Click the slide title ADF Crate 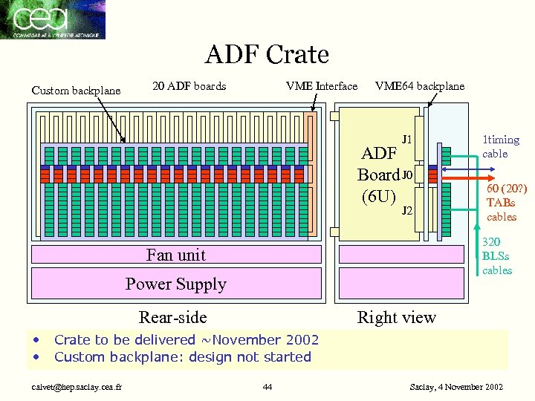[267, 54]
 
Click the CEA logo [53, 19]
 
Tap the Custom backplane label [76, 91]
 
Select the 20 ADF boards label [189, 86]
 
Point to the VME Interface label [322, 86]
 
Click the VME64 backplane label [420, 86]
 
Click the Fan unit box [176, 255]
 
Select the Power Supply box [176, 284]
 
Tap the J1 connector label [407, 139]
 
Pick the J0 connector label [406, 175]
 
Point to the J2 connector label [407, 211]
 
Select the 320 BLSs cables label [496, 256]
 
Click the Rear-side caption [172, 318]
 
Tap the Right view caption [397, 318]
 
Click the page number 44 [267, 387]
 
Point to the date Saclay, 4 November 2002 [456, 387]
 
